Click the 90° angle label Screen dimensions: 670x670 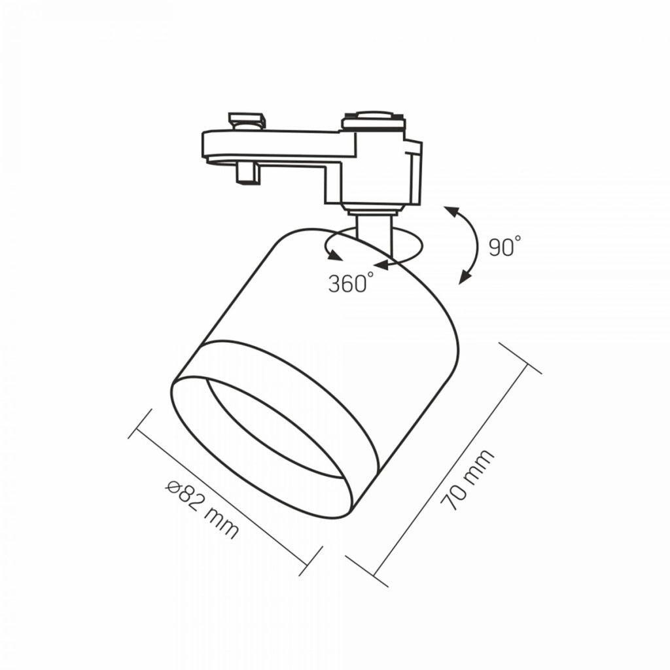click(505, 246)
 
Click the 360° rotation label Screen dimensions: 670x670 click(351, 283)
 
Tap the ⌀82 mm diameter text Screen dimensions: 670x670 click(202, 509)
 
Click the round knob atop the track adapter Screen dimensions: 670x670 click(374, 116)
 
